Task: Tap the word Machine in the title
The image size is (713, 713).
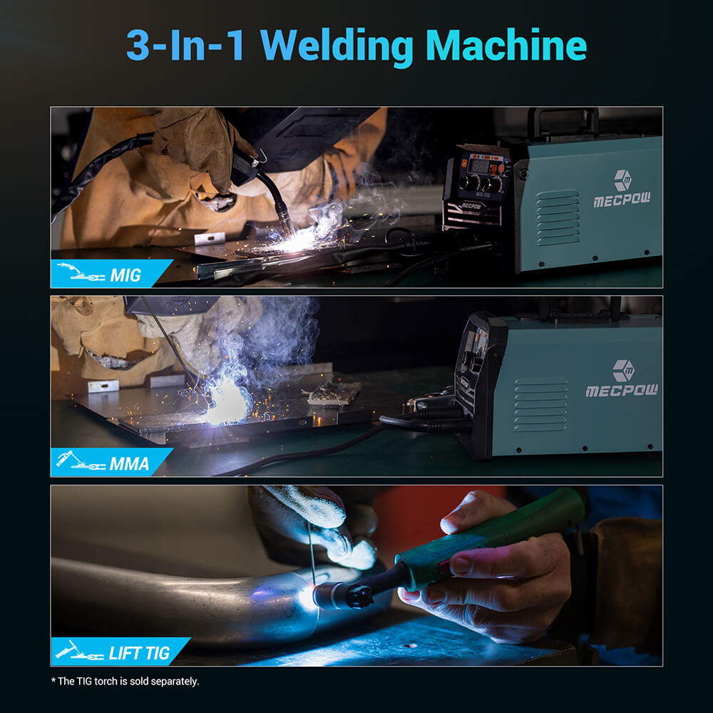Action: coord(506,46)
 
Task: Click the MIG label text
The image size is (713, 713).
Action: coord(125,275)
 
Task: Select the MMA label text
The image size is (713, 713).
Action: coord(129,464)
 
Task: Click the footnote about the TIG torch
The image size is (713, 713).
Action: coord(125,681)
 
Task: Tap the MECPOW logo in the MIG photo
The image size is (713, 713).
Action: coord(622,190)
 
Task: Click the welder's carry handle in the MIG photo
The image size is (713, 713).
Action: coord(563,120)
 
